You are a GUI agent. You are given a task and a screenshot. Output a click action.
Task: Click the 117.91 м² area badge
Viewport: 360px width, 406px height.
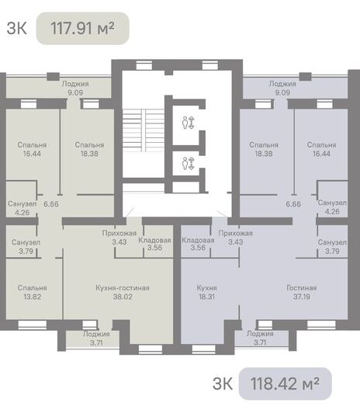click(82, 29)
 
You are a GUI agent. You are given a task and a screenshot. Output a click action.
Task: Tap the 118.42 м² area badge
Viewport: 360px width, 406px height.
click(285, 383)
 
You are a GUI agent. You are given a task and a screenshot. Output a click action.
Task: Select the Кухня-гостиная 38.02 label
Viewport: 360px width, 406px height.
click(123, 293)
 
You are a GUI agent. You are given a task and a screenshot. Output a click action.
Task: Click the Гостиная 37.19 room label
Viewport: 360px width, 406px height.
click(302, 293)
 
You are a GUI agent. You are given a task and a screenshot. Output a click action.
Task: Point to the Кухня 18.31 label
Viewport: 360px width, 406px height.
click(206, 293)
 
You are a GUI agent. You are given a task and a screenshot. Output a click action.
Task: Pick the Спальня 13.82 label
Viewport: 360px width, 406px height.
click(32, 293)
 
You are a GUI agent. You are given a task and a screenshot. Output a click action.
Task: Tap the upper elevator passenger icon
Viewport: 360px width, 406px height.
click(189, 123)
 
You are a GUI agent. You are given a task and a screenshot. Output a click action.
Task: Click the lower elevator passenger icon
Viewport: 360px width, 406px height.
click(189, 163)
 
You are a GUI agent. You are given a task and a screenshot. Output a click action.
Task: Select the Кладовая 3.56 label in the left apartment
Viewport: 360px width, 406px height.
click(154, 244)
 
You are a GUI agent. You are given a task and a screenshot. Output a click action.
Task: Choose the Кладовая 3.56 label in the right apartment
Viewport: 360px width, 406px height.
click(198, 244)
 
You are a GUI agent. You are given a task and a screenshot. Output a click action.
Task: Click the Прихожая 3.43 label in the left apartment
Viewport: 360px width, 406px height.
click(119, 238)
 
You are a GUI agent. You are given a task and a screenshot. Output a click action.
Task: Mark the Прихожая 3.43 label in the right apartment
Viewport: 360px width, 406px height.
click(236, 238)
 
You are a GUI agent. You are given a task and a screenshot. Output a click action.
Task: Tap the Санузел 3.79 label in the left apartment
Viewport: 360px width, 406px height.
click(26, 247)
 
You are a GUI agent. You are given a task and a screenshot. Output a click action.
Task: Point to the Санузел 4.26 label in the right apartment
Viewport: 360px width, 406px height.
click(332, 207)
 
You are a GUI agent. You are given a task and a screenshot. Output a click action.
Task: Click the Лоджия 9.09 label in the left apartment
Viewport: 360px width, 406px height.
click(75, 88)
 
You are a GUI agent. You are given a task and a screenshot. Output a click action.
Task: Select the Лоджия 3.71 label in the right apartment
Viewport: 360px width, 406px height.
click(260, 338)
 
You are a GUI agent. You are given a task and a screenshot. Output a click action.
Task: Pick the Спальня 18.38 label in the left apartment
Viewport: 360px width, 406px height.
click(89, 149)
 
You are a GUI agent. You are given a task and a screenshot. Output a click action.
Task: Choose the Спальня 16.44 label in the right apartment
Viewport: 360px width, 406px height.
click(321, 149)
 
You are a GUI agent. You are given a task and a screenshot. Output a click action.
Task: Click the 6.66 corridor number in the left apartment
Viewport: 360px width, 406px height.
click(51, 204)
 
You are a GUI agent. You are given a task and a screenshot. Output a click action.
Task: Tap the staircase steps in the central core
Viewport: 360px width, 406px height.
click(144, 130)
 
